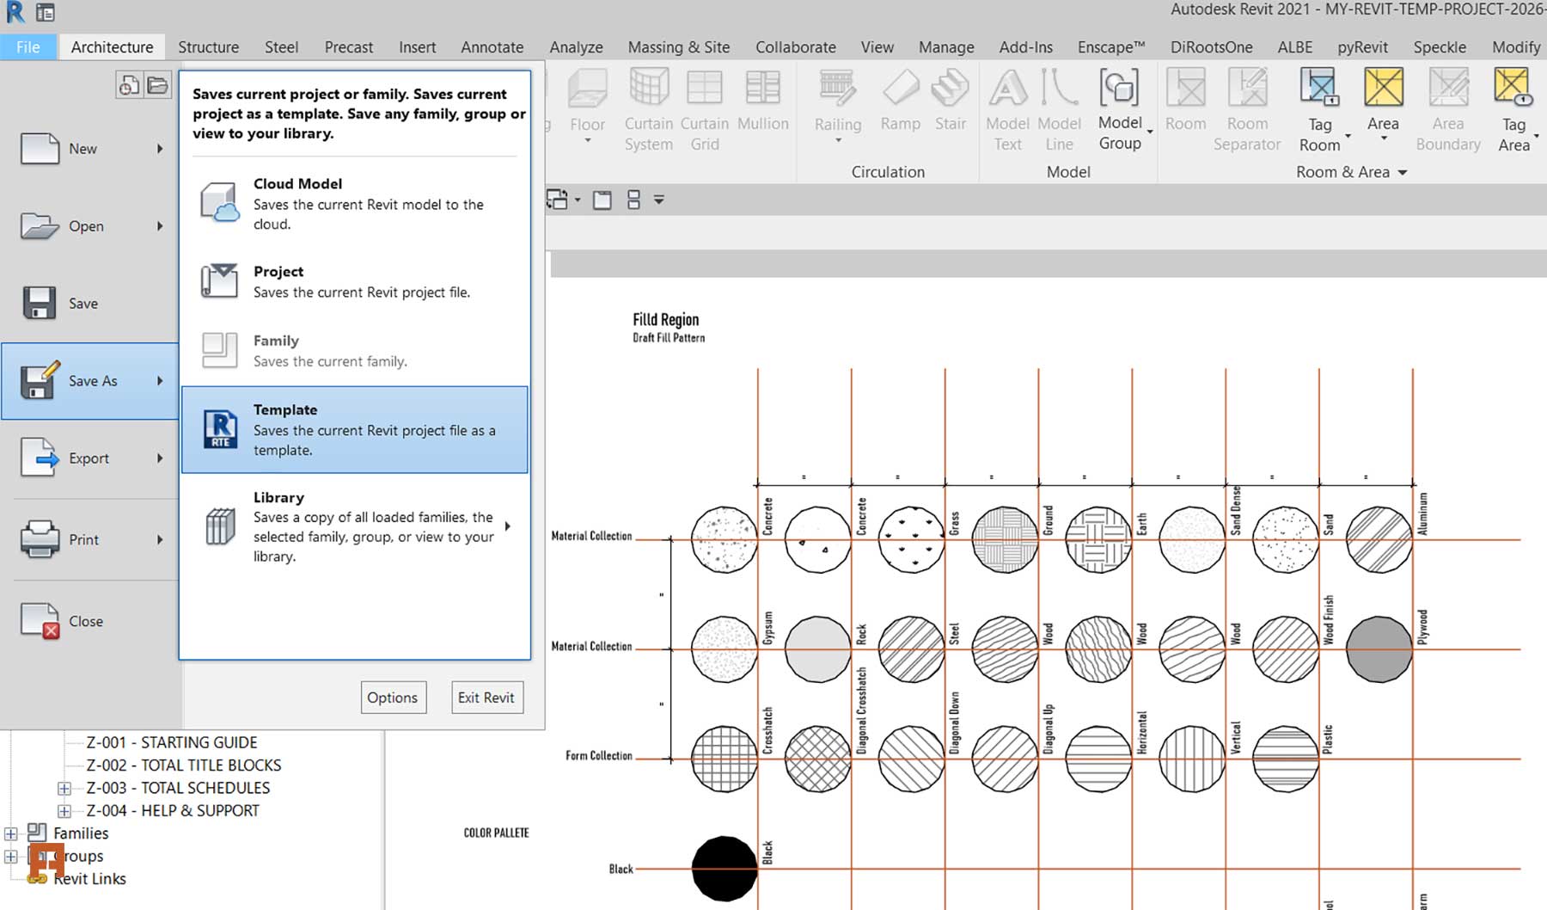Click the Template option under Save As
pos(354,429)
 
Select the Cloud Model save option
pos(354,203)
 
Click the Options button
pos(392,698)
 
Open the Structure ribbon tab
pos(208,47)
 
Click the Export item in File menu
pos(89,458)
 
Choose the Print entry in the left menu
pos(83,539)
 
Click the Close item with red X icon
pos(85,621)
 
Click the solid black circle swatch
pos(725,869)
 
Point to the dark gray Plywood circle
pos(1379,649)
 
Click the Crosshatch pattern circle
pos(725,759)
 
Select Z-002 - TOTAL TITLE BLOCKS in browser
pos(183,765)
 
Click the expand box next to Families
pos(11,833)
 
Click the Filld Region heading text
pos(665,320)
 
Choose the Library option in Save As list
pos(354,526)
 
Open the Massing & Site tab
pos(678,47)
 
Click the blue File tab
pos(28,47)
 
